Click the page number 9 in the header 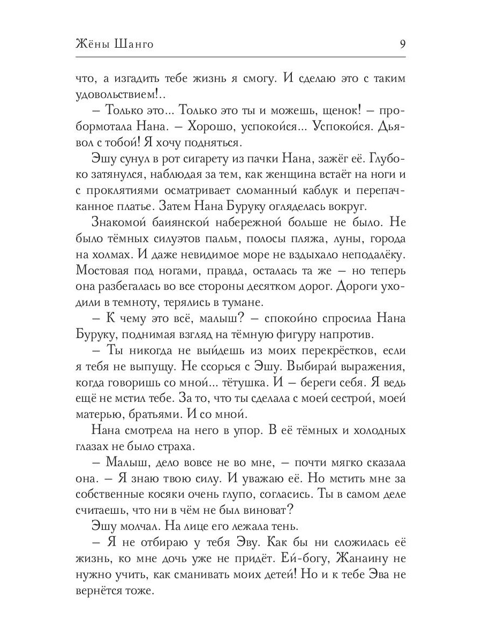tap(402, 44)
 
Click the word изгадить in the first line tap(140, 79)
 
